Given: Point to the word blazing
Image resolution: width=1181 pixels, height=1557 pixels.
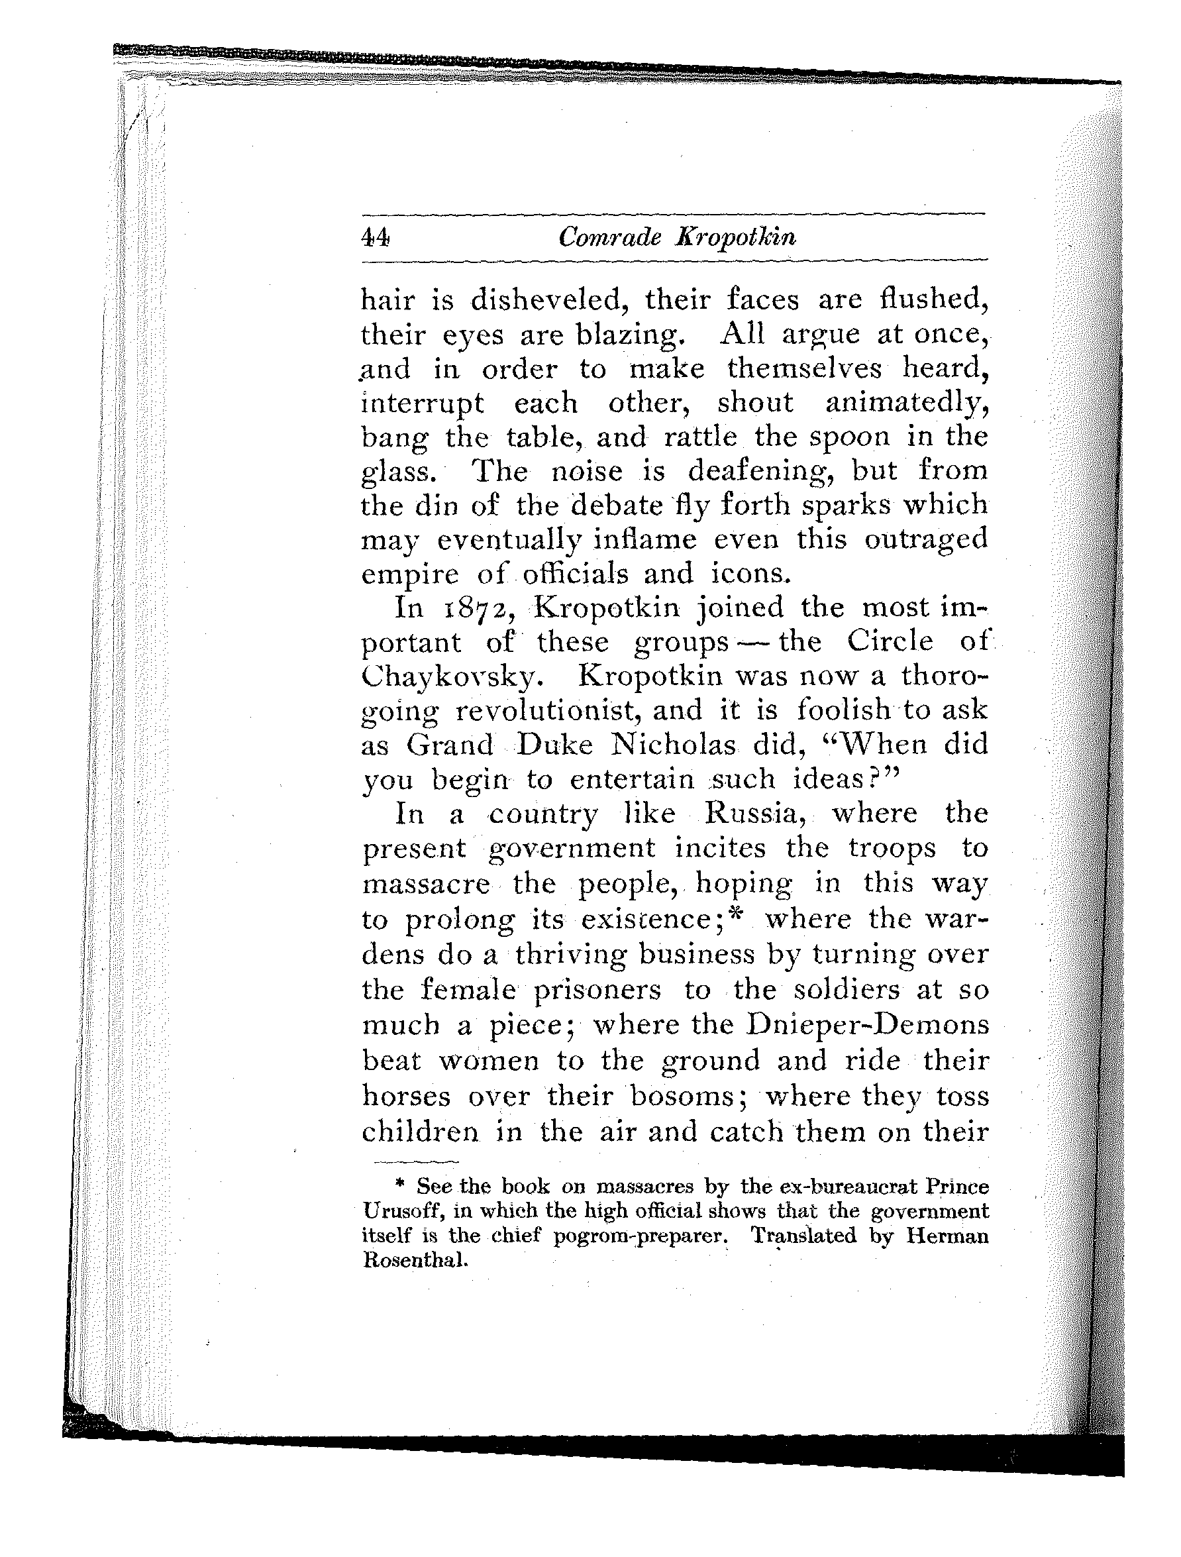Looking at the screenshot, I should (x=629, y=336).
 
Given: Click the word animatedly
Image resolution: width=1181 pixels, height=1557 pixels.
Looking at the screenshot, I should (x=907, y=404).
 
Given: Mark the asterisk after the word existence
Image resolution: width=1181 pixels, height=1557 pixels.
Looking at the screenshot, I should (x=737, y=916).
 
